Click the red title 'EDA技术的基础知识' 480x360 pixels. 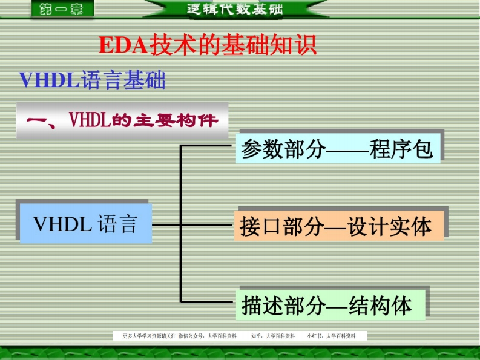(x=208, y=46)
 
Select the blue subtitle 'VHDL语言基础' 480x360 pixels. (x=92, y=80)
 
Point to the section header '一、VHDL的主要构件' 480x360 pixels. (x=122, y=120)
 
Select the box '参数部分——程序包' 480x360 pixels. (x=337, y=149)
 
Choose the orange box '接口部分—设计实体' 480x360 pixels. (x=337, y=226)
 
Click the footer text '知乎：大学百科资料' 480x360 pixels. (x=272, y=336)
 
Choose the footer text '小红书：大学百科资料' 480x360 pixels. (x=331, y=336)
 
